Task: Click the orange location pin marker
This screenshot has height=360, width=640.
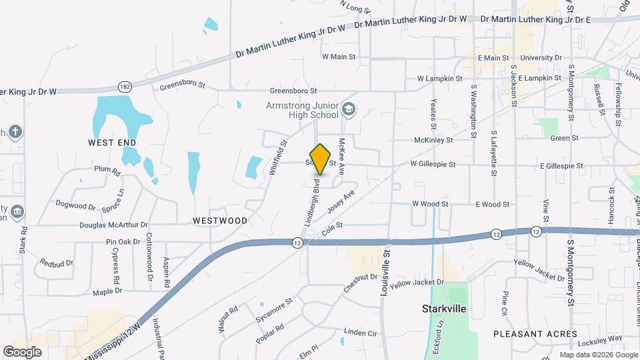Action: pos(321,159)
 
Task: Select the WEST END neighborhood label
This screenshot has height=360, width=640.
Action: pos(112,143)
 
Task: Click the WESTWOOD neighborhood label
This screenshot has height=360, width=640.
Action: pos(220,220)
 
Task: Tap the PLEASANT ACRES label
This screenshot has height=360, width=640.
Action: pos(535,333)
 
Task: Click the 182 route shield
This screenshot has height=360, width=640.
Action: pos(125,87)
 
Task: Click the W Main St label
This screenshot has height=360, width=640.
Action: pos(339,57)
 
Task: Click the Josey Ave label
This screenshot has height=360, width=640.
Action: pos(341,201)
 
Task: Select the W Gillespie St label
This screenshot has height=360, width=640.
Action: pos(433,164)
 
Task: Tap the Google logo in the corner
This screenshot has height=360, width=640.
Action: pos(22,351)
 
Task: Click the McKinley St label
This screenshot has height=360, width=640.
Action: pos(433,141)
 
